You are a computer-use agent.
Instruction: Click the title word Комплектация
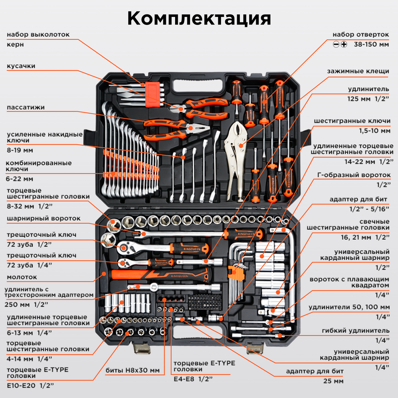click(199, 18)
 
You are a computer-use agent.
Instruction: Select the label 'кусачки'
click(21, 66)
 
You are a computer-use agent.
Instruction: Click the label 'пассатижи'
click(25, 107)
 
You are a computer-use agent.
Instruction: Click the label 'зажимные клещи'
click(358, 71)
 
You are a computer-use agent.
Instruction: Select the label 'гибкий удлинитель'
click(356, 331)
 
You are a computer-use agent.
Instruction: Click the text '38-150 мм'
click(371, 44)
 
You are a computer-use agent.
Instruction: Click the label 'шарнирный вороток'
click(43, 218)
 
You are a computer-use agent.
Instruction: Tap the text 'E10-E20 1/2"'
click(30, 385)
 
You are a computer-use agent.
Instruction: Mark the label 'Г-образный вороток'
click(354, 175)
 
